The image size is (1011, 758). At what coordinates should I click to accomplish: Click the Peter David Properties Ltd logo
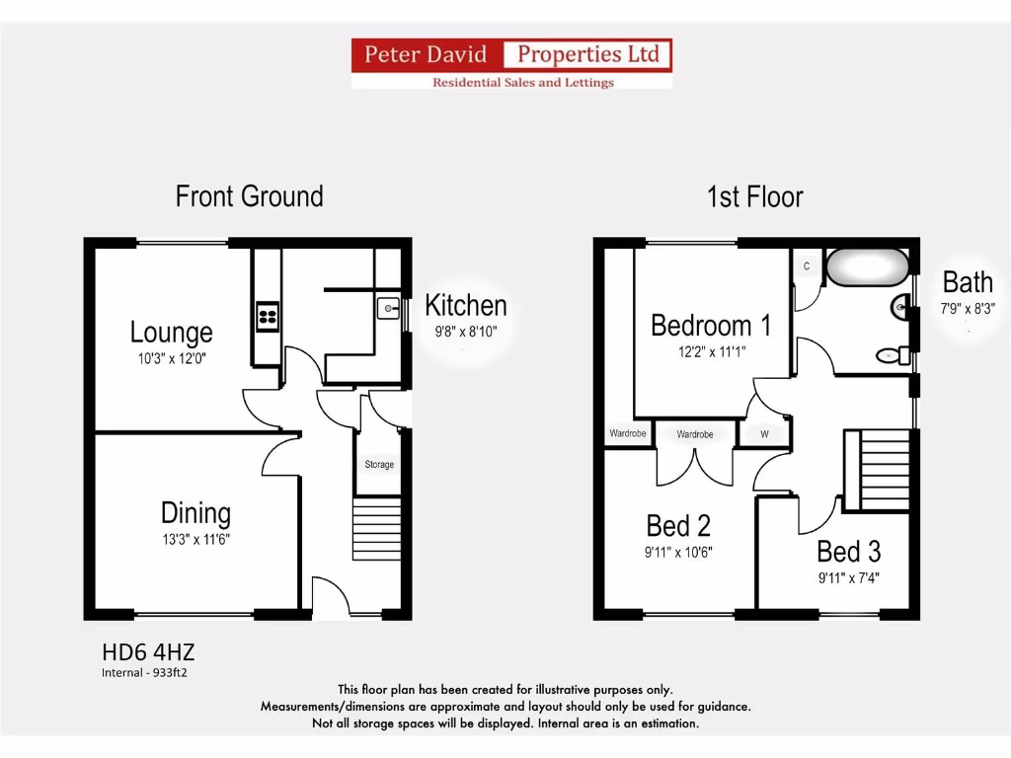pos(511,63)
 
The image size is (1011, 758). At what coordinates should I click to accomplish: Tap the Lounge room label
pos(171,333)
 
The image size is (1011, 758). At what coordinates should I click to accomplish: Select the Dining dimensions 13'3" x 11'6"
pos(195,539)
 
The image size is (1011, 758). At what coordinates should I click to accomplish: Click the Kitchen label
pos(465,306)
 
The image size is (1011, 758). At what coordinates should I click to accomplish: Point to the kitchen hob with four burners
pos(268,317)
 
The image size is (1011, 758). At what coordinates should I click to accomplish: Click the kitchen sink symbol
pos(386,307)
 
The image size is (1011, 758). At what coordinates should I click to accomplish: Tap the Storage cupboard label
pos(379,464)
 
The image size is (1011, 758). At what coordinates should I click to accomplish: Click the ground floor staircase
pos(377,529)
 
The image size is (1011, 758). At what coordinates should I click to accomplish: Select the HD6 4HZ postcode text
pos(155,652)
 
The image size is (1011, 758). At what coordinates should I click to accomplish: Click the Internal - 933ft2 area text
pos(144,673)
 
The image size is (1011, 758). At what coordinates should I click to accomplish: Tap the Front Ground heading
pos(249,196)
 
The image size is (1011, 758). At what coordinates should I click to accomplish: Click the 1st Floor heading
pos(754,196)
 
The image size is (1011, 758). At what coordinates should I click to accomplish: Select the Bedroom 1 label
pos(711,325)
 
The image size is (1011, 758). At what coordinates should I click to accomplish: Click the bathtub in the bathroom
pos(867,266)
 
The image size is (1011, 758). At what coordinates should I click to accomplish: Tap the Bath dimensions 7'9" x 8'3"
pos(968,308)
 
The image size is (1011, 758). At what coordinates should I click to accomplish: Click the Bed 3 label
pos(848,551)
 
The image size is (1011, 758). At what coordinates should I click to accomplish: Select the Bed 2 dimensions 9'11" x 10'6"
pos(678,553)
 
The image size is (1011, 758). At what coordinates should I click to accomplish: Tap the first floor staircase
pos(878,470)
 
